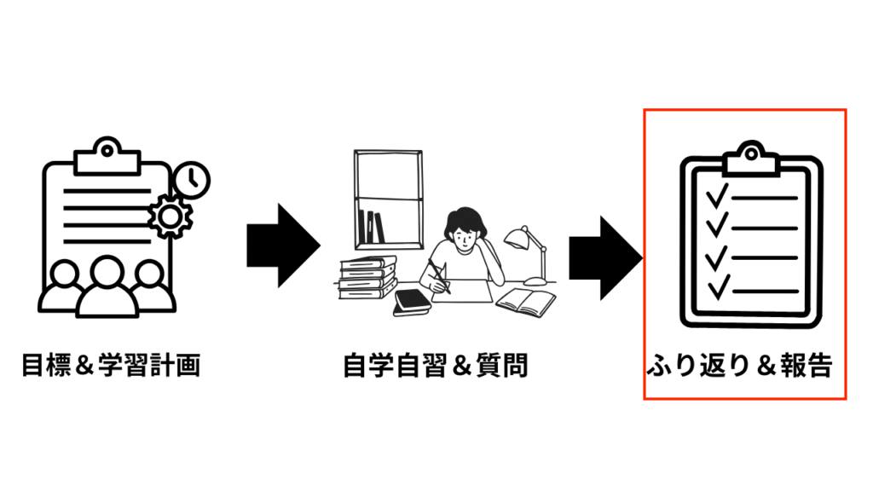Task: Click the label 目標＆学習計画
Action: click(111, 366)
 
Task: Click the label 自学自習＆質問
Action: click(436, 366)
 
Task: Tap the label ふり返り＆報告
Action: click(740, 366)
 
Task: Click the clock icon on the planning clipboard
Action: click(192, 180)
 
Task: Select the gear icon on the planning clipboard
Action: click(171, 216)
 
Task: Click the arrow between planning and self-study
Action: click(283, 245)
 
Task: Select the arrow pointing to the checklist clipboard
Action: click(605, 258)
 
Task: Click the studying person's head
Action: click(465, 228)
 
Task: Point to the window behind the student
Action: click(388, 199)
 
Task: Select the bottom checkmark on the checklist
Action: click(718, 287)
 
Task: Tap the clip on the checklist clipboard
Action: click(751, 159)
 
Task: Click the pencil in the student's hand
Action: click(439, 276)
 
